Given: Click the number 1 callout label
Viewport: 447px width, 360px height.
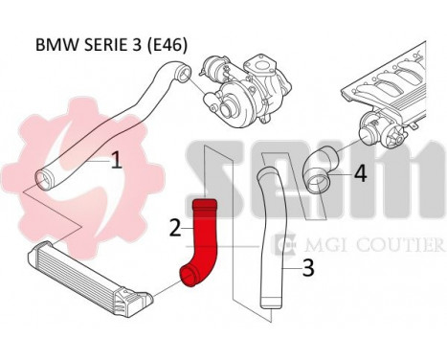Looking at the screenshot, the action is coord(116,160).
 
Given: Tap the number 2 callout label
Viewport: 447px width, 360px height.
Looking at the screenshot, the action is coord(175,227).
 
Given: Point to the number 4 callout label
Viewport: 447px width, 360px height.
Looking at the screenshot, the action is coord(359,173).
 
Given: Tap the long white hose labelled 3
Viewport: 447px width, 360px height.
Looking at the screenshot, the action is coord(269,239).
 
